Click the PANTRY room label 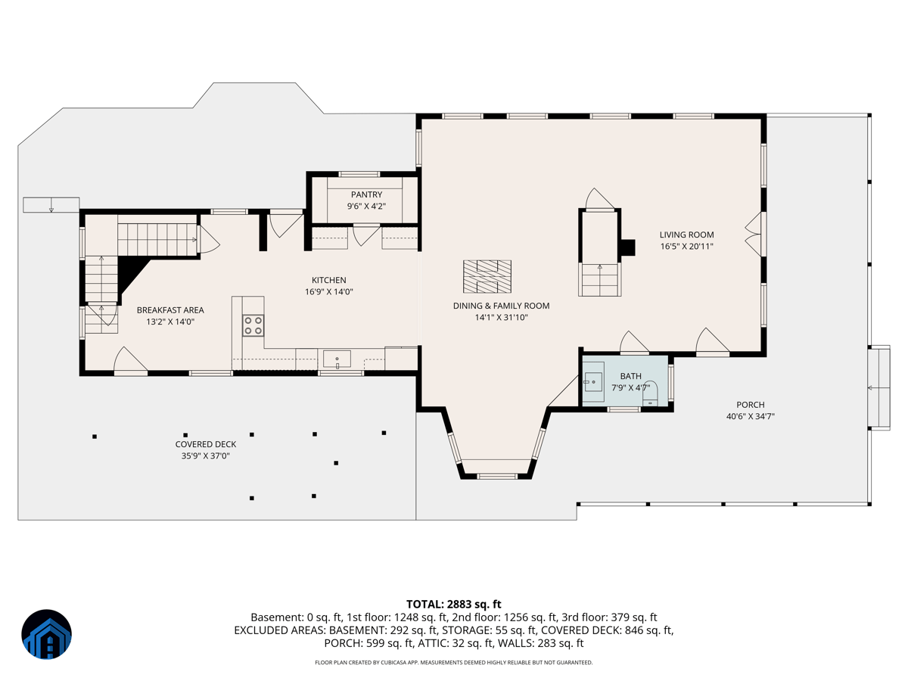pyautogui.click(x=366, y=194)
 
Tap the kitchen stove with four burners pyautogui.click(x=253, y=325)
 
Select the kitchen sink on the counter pyautogui.click(x=337, y=359)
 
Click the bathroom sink pyautogui.click(x=593, y=382)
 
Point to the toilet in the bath pyautogui.click(x=650, y=393)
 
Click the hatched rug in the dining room pyautogui.click(x=487, y=276)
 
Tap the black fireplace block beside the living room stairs pyautogui.click(x=628, y=247)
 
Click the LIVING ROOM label pyautogui.click(x=687, y=235)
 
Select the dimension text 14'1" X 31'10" pyautogui.click(x=502, y=318)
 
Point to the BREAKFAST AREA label pyautogui.click(x=170, y=310)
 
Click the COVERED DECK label pyautogui.click(x=206, y=444)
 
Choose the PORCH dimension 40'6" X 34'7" pyautogui.click(x=751, y=416)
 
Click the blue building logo pyautogui.click(x=46, y=634)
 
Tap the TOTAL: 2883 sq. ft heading pyautogui.click(x=454, y=605)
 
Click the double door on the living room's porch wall pyautogui.click(x=755, y=235)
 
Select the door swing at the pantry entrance pyautogui.click(x=366, y=235)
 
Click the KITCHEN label pyautogui.click(x=329, y=280)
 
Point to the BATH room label pyautogui.click(x=631, y=376)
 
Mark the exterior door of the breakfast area pyautogui.click(x=131, y=361)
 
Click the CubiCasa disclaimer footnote pyautogui.click(x=454, y=662)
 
